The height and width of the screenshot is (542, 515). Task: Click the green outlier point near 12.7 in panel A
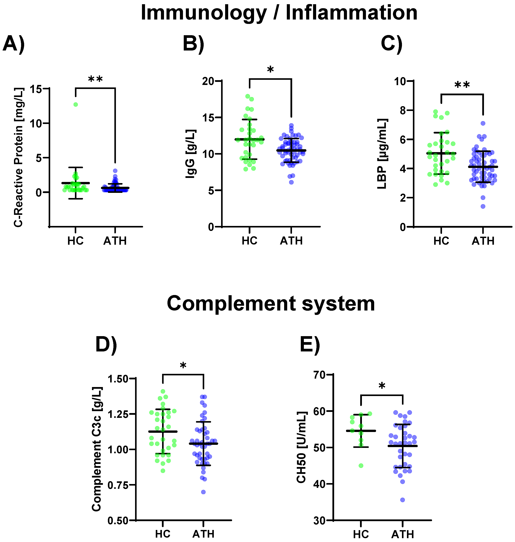[x=75, y=104]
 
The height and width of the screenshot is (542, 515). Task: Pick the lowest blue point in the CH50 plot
[x=403, y=500]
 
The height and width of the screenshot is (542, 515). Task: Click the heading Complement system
[x=271, y=303]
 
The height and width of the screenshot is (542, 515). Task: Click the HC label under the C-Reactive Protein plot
[x=75, y=241]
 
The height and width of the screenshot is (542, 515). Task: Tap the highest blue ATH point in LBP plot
[x=483, y=123]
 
